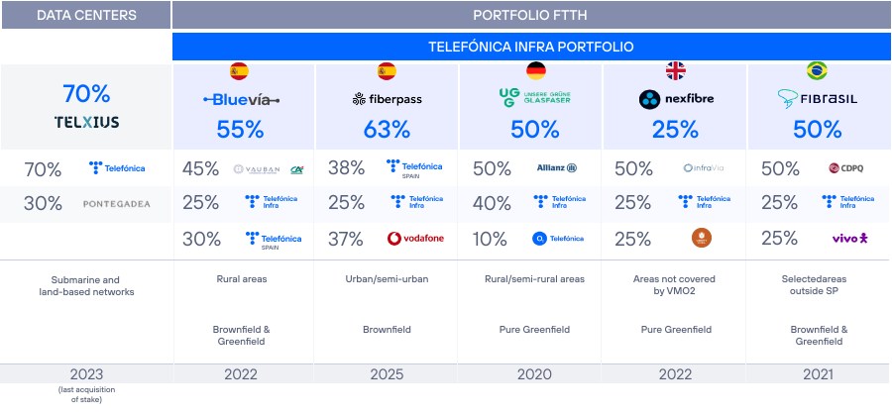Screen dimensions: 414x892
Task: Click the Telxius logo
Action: coord(86,123)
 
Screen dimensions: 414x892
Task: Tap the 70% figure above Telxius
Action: coord(86,94)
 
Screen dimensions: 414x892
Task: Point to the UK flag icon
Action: coord(678,70)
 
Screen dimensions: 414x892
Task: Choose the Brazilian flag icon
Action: coord(818,70)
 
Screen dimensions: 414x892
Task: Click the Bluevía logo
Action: coord(242,99)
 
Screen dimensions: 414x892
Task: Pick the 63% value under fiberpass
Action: coord(387,129)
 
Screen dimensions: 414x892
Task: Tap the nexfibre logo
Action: coord(678,99)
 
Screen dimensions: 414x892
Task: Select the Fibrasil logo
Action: coord(818,99)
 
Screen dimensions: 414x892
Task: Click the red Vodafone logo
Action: coord(414,238)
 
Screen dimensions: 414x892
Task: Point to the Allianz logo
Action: coord(556,169)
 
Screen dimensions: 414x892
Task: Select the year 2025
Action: coord(387,374)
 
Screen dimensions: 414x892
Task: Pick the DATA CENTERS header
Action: coord(86,15)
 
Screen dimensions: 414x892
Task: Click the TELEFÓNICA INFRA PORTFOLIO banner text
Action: coord(530,47)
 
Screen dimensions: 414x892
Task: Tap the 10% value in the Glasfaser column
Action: coord(491,238)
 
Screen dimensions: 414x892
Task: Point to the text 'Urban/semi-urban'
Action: coord(387,278)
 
